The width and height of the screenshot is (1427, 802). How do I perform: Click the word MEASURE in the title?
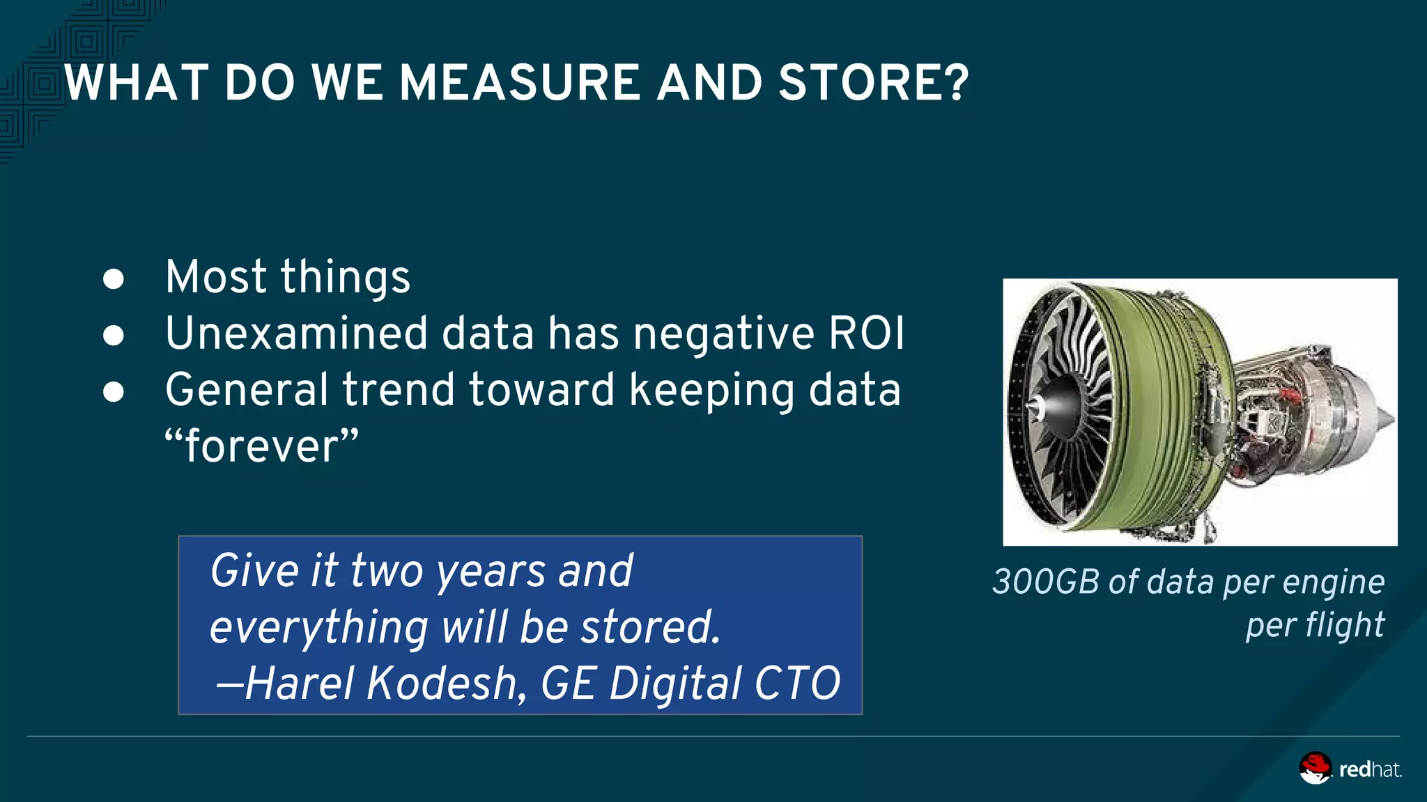[519, 83]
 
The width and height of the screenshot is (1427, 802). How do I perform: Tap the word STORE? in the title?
[873, 83]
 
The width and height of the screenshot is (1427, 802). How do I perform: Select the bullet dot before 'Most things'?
[114, 279]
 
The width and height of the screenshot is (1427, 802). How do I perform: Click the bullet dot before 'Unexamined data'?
[114, 336]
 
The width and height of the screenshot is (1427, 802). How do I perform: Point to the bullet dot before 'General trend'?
[114, 392]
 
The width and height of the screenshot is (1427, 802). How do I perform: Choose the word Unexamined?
[296, 333]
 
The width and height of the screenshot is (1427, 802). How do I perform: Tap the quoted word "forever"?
[262, 446]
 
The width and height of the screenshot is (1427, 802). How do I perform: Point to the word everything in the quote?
[318, 627]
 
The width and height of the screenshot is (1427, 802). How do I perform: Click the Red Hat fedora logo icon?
[1315, 768]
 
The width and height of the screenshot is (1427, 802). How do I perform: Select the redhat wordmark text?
[1369, 769]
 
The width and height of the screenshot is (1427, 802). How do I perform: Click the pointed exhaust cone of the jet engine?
[1383, 418]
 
